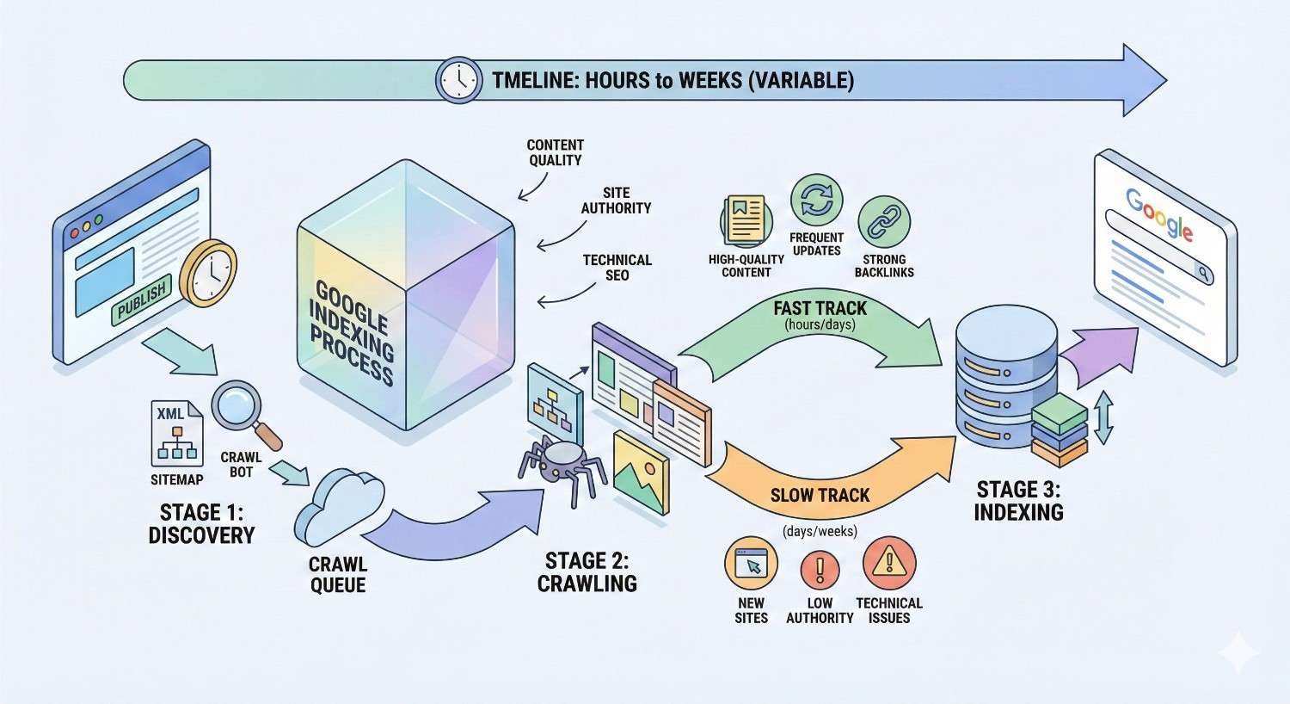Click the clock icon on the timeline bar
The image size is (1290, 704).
[459, 81]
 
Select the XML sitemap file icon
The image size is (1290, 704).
[175, 433]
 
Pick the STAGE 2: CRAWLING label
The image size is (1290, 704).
[587, 572]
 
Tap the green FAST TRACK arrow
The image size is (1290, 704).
[817, 331]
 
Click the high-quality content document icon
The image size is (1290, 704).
[746, 219]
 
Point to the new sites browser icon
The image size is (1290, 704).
[751, 565]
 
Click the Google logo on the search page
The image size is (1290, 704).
[1158, 213]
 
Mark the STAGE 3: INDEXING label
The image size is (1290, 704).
[1018, 501]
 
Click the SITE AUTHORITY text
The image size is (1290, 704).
[616, 201]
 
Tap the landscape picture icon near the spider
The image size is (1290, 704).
[641, 472]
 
